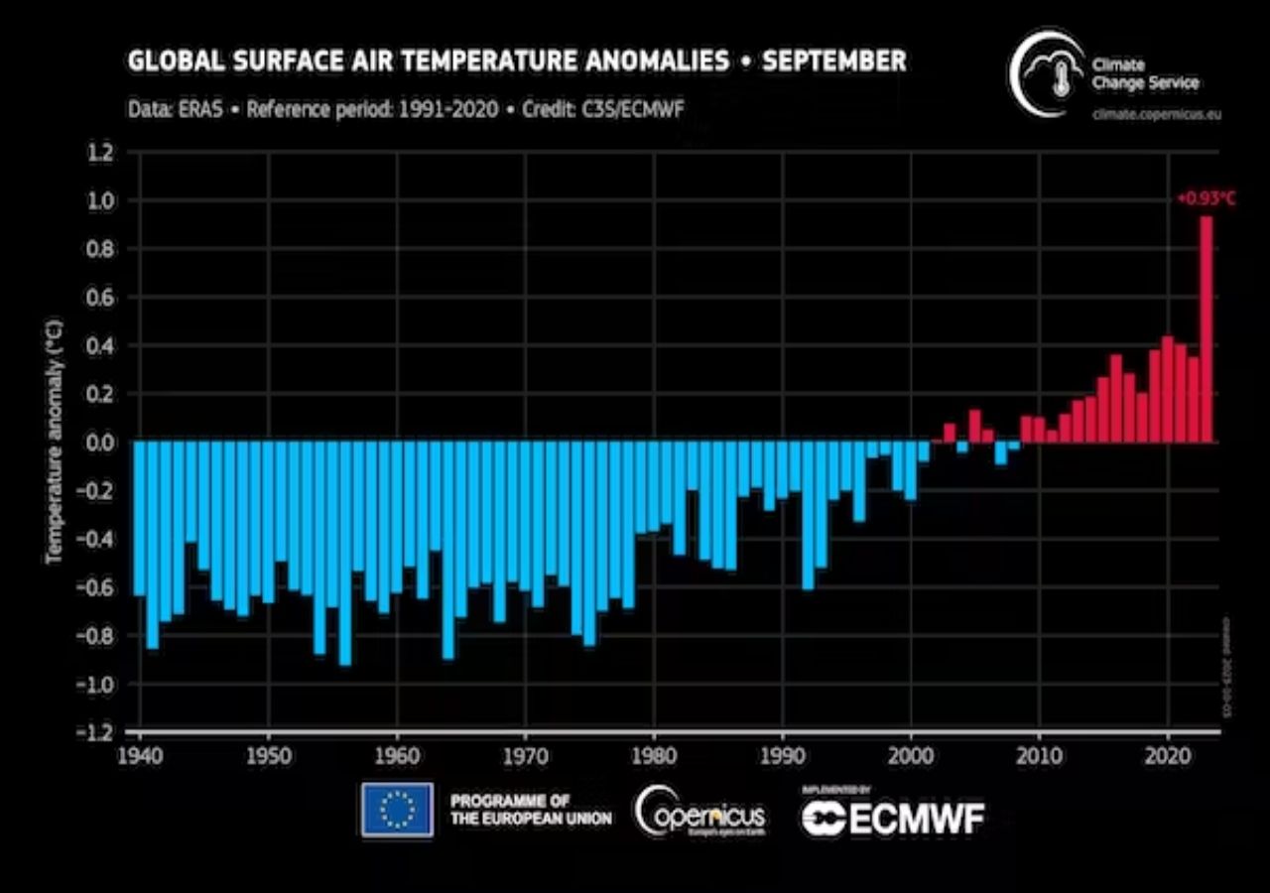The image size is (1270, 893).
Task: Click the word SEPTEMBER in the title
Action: (833, 62)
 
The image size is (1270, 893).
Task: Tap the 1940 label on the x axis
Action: (140, 755)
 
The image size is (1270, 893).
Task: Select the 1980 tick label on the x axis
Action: (654, 755)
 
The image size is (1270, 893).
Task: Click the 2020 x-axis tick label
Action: (1168, 755)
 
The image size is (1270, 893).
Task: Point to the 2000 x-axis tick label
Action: (911, 755)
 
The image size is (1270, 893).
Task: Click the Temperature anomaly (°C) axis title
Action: (55, 442)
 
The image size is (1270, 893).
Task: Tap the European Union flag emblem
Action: (397, 810)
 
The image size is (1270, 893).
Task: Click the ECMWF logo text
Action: (893, 818)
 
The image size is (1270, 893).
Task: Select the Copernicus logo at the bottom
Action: (700, 812)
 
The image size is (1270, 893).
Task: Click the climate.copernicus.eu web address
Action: (1156, 114)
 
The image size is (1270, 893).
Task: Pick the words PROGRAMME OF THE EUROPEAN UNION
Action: (530, 809)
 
